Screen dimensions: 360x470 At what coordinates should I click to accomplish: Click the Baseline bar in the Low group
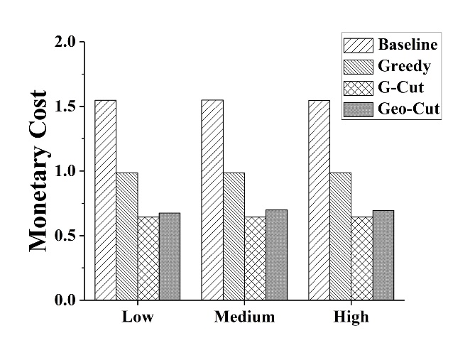pyautogui.click(x=105, y=200)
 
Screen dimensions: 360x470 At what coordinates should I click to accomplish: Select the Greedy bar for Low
pyautogui.click(x=126, y=236)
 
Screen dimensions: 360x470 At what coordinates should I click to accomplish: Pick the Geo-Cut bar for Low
pyautogui.click(x=170, y=256)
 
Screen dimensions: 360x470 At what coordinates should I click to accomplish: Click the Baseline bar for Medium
pyautogui.click(x=212, y=200)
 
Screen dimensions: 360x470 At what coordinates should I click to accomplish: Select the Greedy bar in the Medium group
pyautogui.click(x=234, y=236)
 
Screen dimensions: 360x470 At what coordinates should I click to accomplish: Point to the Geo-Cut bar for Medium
pyautogui.click(x=277, y=255)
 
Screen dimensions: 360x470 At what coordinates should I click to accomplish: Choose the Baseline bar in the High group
pyautogui.click(x=319, y=200)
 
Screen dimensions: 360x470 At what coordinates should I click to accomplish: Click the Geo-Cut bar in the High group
pyautogui.click(x=383, y=255)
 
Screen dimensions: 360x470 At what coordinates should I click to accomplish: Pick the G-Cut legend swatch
pyautogui.click(x=357, y=89)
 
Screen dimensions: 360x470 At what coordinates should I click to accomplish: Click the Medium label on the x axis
pyautogui.click(x=244, y=317)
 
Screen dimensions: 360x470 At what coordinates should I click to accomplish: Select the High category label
pyautogui.click(x=351, y=317)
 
